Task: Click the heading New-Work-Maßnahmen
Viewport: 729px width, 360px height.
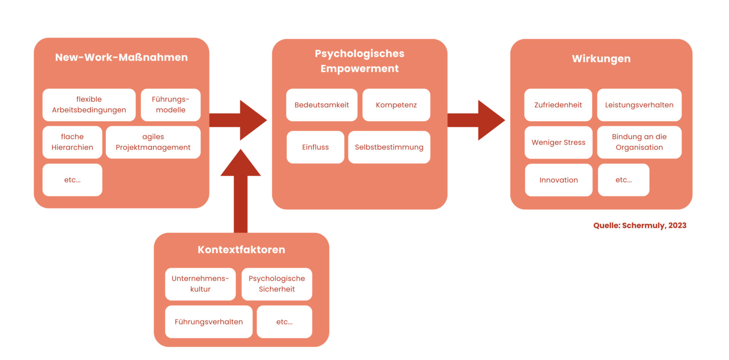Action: tap(121, 57)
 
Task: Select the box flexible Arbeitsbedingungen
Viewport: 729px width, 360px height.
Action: tap(89, 104)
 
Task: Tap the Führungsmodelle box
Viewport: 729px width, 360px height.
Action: tap(171, 104)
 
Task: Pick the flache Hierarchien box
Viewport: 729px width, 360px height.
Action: tap(72, 142)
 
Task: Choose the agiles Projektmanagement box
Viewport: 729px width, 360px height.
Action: tap(153, 142)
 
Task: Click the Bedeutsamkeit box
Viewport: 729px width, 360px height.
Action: tap(321, 105)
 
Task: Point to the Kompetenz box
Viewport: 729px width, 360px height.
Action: tap(396, 105)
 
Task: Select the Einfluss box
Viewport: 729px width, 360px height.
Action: tap(315, 147)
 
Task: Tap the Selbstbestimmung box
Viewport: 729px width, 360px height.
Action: tap(389, 147)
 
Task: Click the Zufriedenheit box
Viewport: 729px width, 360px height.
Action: tap(558, 105)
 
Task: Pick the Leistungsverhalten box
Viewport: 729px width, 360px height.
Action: tap(639, 105)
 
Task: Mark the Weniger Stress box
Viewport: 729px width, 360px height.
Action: tap(558, 142)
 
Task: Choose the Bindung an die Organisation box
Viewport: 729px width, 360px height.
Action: tap(639, 142)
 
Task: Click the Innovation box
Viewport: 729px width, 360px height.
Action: tap(559, 180)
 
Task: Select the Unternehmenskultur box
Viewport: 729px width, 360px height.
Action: tap(200, 284)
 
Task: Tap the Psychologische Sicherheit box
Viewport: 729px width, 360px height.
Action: tap(277, 284)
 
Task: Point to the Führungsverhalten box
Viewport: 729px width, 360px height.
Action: tap(209, 322)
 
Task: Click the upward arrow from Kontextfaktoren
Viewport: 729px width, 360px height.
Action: tap(241, 190)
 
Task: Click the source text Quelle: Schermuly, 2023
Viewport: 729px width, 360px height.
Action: tap(640, 226)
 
